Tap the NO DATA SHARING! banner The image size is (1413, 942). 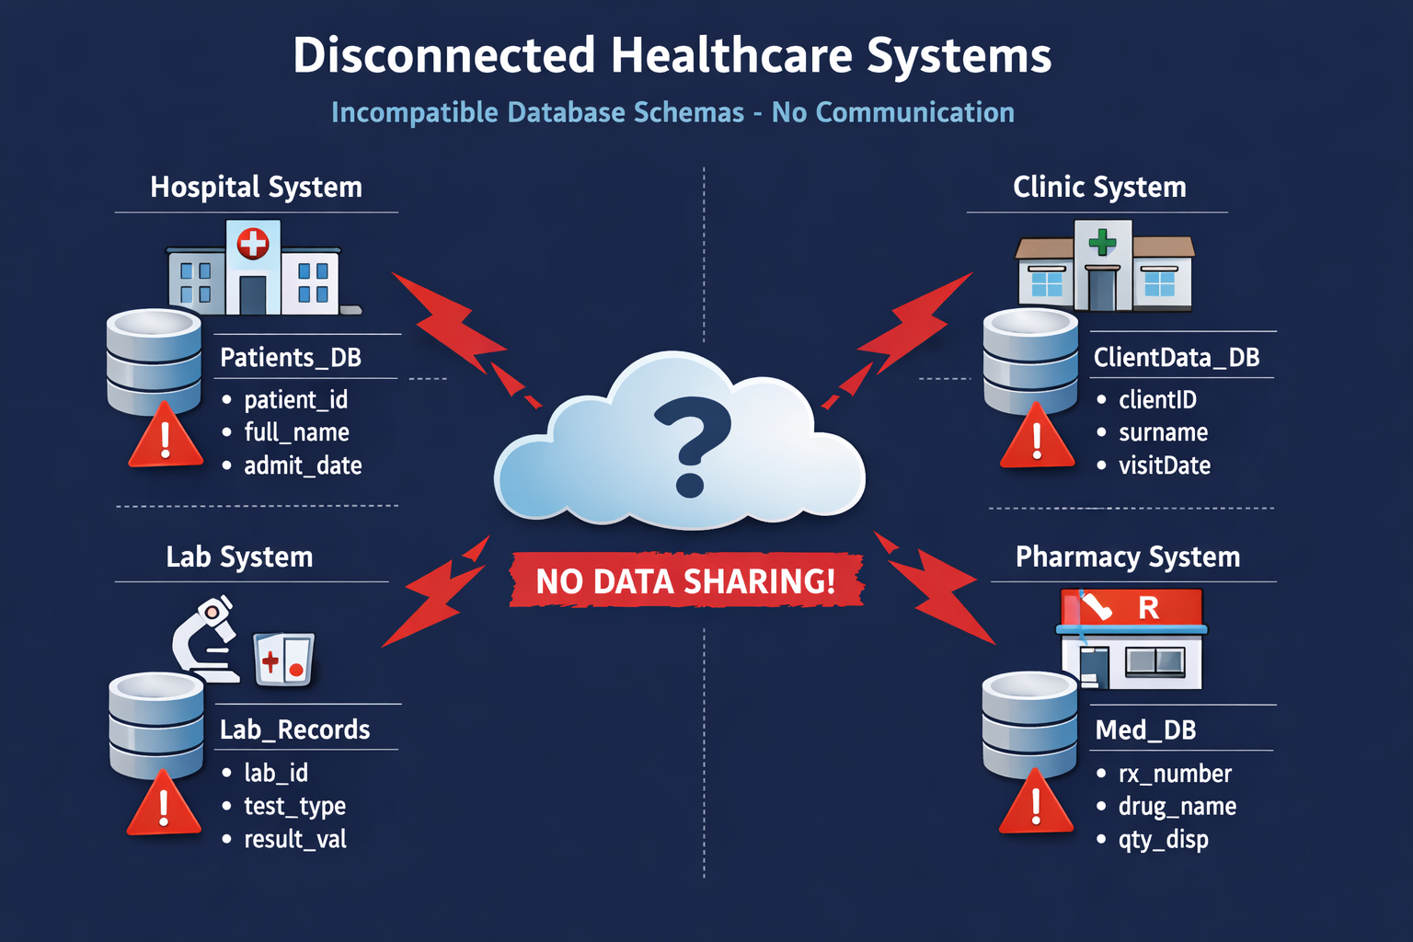pos(686,581)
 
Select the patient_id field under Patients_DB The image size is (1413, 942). pos(295,400)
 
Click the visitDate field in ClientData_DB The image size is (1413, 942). pos(1164,465)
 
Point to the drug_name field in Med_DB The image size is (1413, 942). pos(1177,807)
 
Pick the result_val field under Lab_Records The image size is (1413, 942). pos(294,839)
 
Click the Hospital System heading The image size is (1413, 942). pos(256,188)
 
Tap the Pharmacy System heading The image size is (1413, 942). pos(1127,557)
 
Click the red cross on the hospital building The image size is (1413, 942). pos(253,244)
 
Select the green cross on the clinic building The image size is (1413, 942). pos(1102,242)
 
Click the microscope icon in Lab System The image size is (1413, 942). pos(208,637)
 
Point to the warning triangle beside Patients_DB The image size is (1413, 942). pos(166,437)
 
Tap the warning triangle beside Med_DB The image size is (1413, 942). pos(1036,802)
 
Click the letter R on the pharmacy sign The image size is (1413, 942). pos(1148,608)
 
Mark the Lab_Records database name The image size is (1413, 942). pos(294,730)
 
